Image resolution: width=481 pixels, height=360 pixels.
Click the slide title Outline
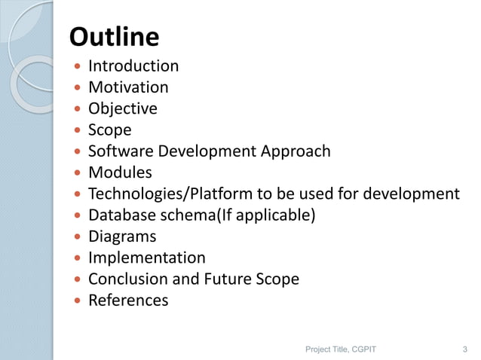click(x=114, y=37)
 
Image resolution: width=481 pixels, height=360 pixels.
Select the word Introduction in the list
click(x=133, y=66)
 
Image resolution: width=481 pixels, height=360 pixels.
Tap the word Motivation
click(x=128, y=87)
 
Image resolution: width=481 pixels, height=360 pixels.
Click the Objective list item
click(x=123, y=109)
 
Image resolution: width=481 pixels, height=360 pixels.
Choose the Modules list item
click(x=120, y=172)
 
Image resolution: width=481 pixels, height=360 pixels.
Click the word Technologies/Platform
click(x=167, y=194)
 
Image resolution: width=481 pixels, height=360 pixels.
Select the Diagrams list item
click(x=122, y=236)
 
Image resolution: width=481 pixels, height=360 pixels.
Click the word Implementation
click(x=146, y=258)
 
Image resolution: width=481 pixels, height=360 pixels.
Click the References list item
click(x=128, y=301)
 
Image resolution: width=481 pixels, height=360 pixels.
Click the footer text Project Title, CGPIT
click(x=341, y=349)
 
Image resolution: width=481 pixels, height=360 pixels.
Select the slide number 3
click(x=464, y=349)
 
